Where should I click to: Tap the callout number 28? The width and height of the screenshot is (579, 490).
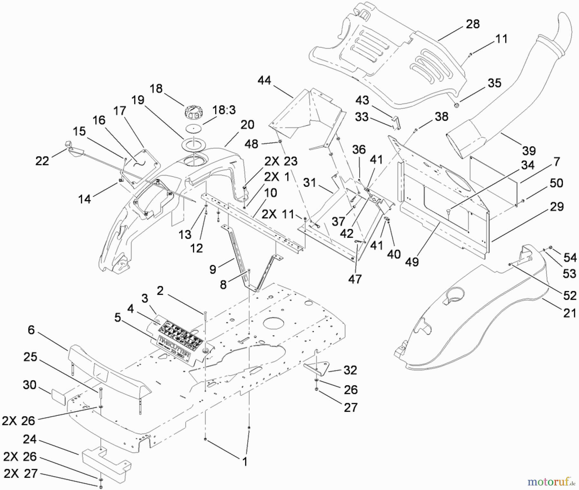pyautogui.click(x=473, y=24)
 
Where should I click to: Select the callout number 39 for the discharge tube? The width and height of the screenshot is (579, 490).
pyautogui.click(x=528, y=150)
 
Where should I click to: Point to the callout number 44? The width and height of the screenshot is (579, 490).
pyautogui.click(x=264, y=80)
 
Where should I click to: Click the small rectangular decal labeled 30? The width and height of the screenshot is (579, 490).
pyautogui.click(x=58, y=396)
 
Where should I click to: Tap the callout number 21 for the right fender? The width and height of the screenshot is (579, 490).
pyautogui.click(x=569, y=312)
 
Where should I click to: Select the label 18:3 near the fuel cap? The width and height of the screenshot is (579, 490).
pyautogui.click(x=224, y=110)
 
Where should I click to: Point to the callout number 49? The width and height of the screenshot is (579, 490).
pyautogui.click(x=412, y=262)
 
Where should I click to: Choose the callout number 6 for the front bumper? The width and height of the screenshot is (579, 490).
pyautogui.click(x=31, y=330)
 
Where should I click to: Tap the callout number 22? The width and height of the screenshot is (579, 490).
pyautogui.click(x=42, y=161)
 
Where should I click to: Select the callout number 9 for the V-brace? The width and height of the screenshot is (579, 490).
pyautogui.click(x=213, y=269)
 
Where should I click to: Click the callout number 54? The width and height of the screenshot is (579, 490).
pyautogui.click(x=570, y=258)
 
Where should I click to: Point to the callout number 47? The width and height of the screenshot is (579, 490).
pyautogui.click(x=355, y=279)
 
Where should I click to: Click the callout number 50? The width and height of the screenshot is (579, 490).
pyautogui.click(x=556, y=183)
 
